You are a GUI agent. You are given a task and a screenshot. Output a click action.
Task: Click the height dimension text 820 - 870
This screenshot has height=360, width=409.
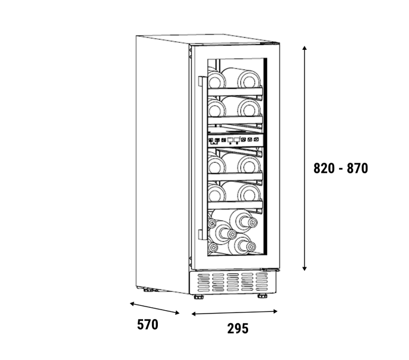341,168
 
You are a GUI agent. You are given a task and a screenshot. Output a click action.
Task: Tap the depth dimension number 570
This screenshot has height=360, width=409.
147,324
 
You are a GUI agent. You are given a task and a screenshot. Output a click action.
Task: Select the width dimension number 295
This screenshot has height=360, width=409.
237,328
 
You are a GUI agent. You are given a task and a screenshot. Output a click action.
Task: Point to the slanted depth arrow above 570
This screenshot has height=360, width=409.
154,308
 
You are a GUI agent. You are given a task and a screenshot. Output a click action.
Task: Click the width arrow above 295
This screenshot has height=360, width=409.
234,312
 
